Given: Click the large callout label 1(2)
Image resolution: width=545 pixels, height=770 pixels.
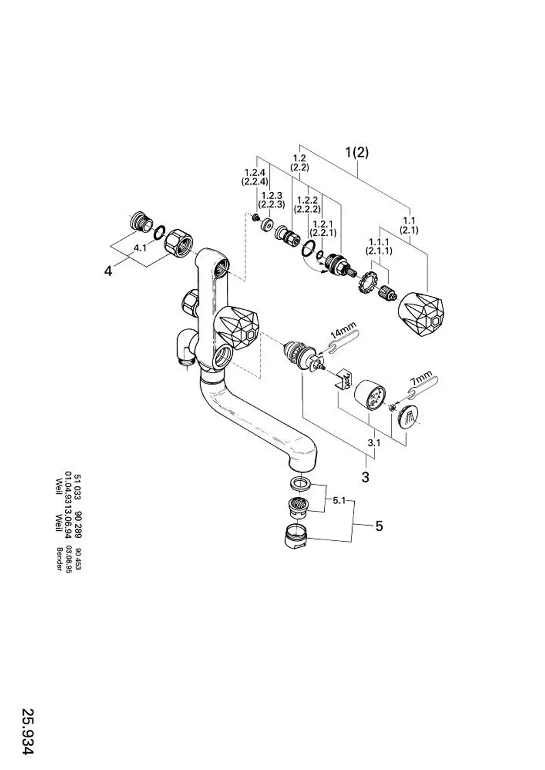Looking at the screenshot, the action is (x=357, y=152).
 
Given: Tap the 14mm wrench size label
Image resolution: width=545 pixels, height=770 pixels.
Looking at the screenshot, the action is (x=343, y=331).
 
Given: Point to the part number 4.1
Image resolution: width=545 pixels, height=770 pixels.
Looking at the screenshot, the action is (x=140, y=248).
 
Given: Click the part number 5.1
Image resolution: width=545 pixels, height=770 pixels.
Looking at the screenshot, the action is (x=339, y=500).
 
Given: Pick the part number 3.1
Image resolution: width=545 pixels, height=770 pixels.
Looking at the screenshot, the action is (x=374, y=443).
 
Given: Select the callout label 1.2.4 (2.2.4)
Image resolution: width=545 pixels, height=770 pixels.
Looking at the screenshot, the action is (x=255, y=177).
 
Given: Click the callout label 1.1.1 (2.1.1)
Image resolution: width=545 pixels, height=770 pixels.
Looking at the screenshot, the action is (x=379, y=247).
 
